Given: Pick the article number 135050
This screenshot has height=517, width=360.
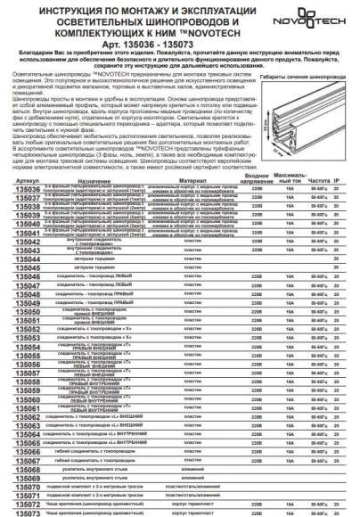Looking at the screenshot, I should (22, 338).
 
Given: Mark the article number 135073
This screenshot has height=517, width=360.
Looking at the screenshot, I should (22, 513).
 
